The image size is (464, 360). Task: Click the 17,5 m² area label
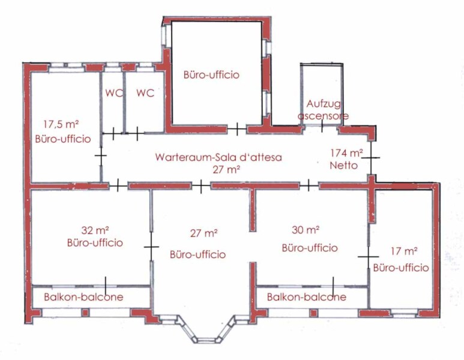pos(61,124)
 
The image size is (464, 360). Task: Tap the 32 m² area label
pos(94,230)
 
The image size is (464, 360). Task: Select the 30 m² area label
pos(306,230)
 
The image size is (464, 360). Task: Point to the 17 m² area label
pos(404,251)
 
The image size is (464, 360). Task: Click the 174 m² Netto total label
pos(346,159)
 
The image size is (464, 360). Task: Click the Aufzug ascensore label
pos(323,109)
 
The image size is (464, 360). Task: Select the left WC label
pos(114,93)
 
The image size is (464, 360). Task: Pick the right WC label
pos(145,93)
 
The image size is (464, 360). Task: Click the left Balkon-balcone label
pos(83,296)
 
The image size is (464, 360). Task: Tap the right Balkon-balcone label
pos(307,296)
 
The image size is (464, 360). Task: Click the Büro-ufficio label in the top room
pos(211,74)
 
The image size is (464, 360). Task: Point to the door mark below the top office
pos(237,129)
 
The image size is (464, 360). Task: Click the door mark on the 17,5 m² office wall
pos(101,155)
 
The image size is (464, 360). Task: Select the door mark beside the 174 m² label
pos(371,157)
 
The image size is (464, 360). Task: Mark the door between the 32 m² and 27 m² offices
pos(151,247)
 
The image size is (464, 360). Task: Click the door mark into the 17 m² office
pos(369,256)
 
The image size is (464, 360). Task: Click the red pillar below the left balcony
pos(85,313)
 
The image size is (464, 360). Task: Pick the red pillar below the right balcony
pos(313,313)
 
